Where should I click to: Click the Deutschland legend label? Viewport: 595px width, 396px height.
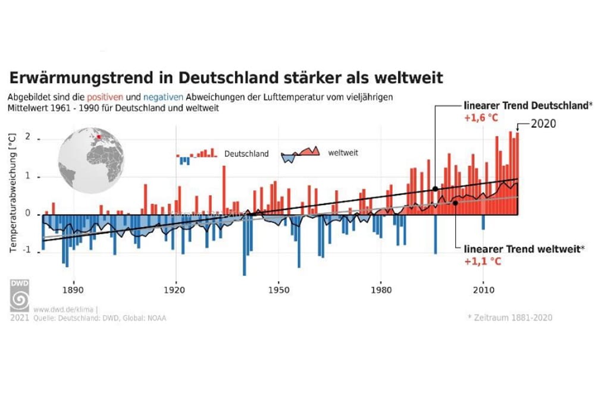click(x=246, y=153)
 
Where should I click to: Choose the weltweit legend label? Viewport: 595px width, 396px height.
click(x=343, y=152)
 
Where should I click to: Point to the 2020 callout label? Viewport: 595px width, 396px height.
click(x=542, y=125)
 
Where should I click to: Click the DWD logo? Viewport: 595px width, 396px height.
click(x=19, y=294)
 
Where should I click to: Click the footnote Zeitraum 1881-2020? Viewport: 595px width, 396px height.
click(x=510, y=318)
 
